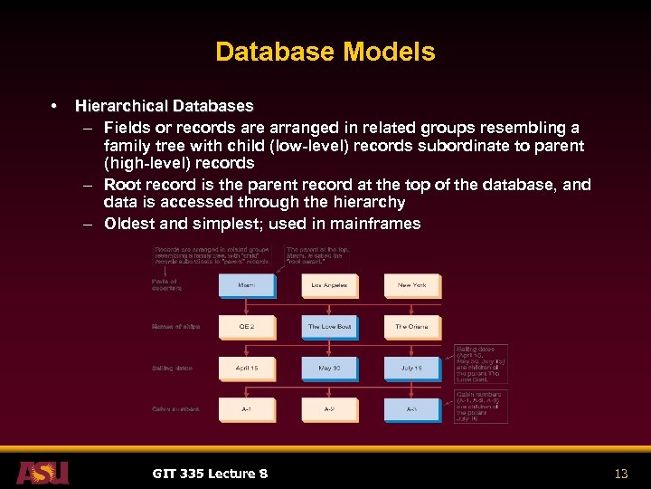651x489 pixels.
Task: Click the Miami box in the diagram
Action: [x=246, y=285]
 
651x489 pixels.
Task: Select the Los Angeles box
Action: [x=329, y=285]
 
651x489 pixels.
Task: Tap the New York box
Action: [x=411, y=285]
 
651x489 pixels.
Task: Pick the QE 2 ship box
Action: [x=246, y=327]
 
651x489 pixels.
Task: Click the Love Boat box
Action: [x=329, y=327]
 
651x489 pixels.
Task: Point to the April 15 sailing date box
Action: [x=246, y=369]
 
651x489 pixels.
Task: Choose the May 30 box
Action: [x=329, y=369]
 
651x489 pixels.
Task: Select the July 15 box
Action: [x=411, y=369]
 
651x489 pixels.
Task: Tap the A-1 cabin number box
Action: [x=246, y=409]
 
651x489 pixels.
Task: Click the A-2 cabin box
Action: [x=329, y=409]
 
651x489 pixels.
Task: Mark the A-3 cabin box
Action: [x=411, y=409]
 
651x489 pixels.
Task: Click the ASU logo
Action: [x=42, y=473]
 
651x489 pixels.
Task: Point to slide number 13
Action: [x=620, y=474]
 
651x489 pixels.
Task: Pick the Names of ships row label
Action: [x=176, y=327]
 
